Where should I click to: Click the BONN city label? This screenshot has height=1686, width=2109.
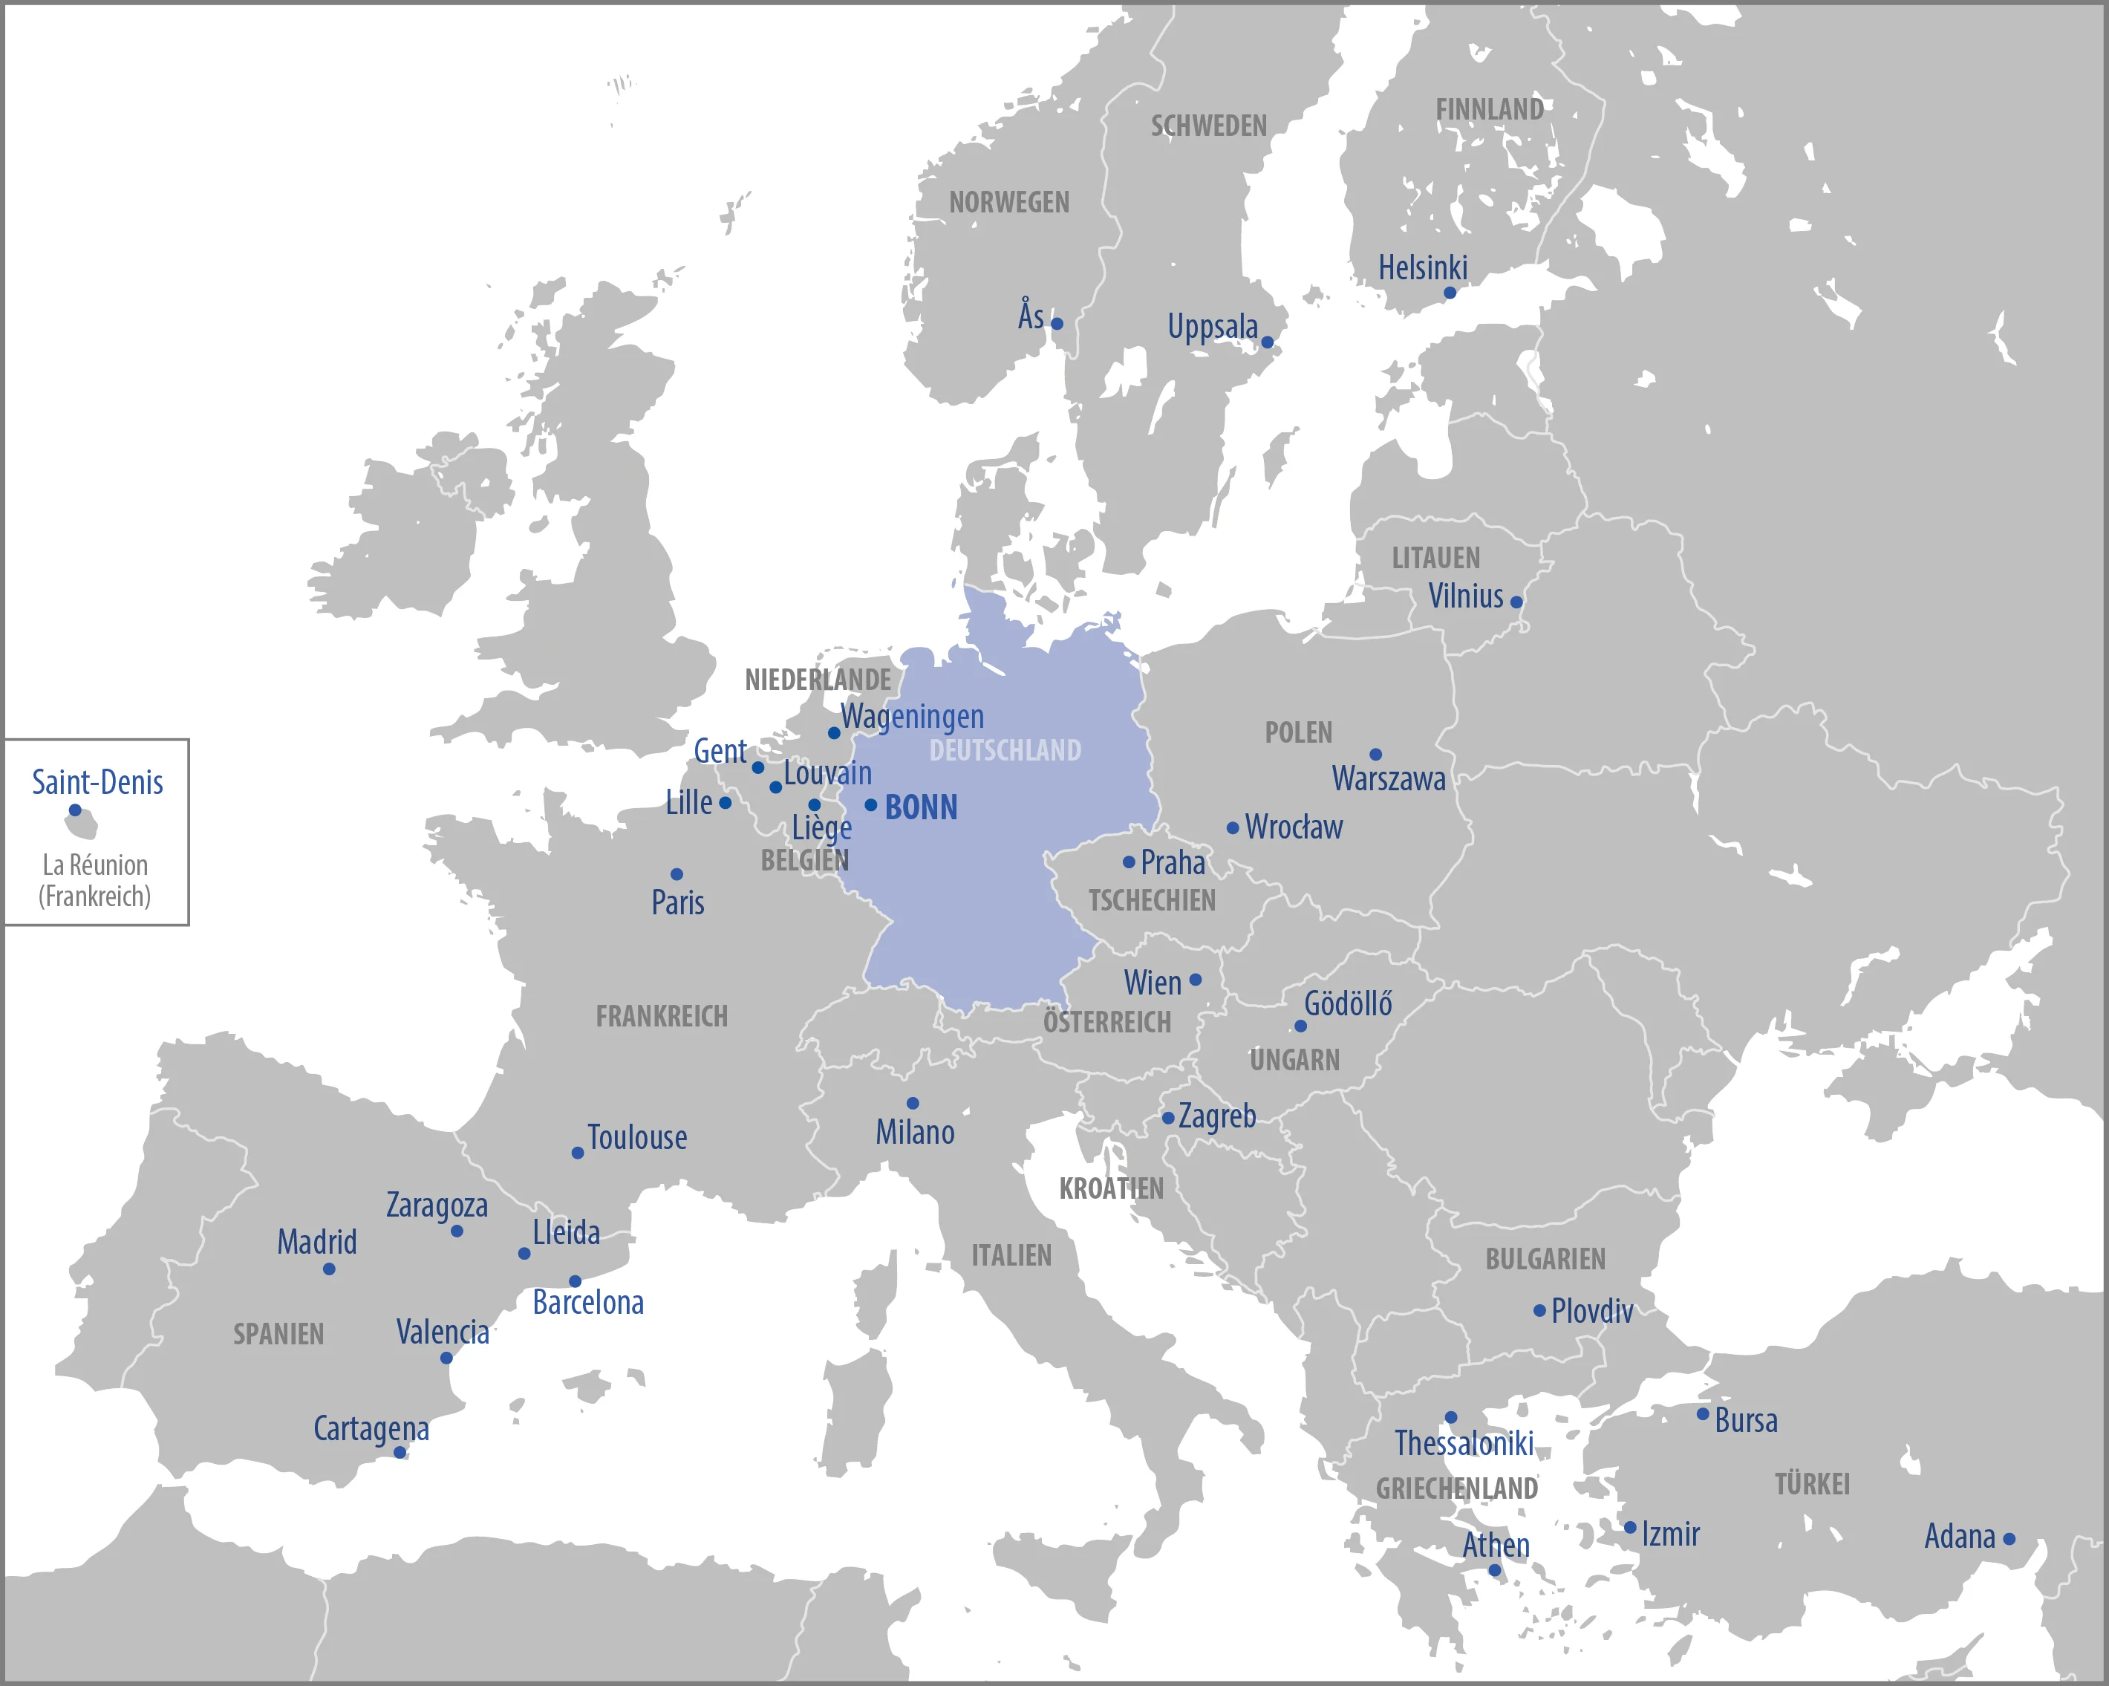pos(921,808)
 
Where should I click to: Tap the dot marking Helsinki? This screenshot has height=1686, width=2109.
pos(1450,293)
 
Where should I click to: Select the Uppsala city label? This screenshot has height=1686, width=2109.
pos(1212,327)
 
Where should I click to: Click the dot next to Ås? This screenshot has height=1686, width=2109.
pos(1057,324)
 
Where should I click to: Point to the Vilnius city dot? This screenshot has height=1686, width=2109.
pos(1516,602)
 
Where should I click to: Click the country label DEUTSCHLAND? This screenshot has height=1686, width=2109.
pos(1005,750)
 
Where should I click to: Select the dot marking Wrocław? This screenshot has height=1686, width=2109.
pos(1233,828)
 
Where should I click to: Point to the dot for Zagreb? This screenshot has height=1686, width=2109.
pos(1168,1118)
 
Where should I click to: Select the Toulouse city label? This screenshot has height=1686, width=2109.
pos(637,1138)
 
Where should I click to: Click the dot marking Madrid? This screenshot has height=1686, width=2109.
pos(329,1269)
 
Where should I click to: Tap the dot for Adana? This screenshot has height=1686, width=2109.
pos(2009,1539)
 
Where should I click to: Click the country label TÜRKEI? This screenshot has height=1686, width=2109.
pos(1812,1485)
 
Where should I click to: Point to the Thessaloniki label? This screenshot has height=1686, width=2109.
pos(1464,1443)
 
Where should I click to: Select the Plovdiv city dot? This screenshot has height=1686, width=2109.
pos(1539,1310)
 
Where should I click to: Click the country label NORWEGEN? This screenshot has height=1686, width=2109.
pos(1008,203)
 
